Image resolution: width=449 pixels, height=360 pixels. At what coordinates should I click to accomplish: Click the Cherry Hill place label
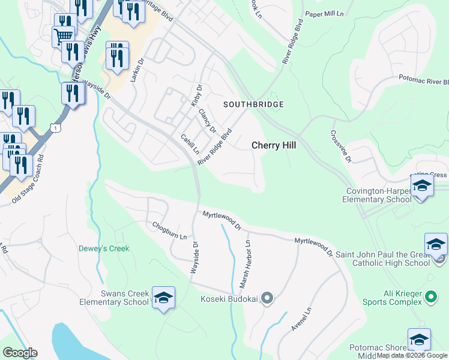[x=273, y=145]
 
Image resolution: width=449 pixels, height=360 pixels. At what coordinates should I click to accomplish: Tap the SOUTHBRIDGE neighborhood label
[x=253, y=104]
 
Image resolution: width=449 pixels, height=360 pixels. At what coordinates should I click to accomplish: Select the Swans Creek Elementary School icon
[x=163, y=298]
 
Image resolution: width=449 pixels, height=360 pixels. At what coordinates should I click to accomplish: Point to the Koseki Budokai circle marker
[x=268, y=298]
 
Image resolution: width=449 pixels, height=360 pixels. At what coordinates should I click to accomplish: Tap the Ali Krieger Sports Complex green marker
[x=430, y=296]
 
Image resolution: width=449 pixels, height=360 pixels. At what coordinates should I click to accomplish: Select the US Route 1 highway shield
[x=55, y=128]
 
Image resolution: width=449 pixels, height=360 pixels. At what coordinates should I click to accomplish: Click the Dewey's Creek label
[x=104, y=248]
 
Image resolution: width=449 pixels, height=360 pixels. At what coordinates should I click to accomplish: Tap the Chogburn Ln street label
[x=170, y=231]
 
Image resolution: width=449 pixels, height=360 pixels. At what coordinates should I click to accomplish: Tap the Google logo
[x=20, y=353]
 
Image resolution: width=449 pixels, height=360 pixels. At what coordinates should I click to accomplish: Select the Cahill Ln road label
[x=190, y=144]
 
